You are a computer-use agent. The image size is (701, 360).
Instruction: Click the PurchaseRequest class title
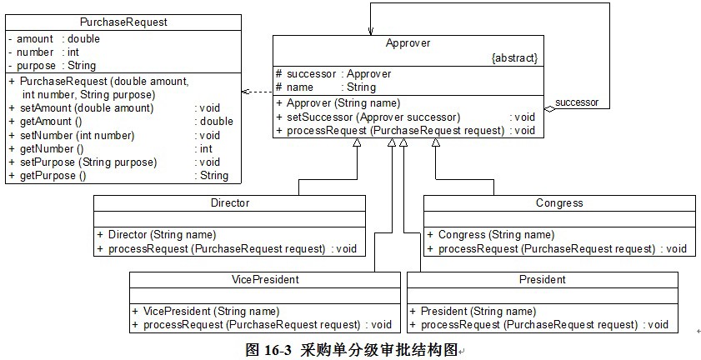click(123, 22)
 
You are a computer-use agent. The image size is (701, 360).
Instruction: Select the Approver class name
click(408, 42)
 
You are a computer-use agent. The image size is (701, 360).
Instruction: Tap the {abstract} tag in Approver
click(515, 58)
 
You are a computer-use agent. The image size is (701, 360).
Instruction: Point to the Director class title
click(229, 202)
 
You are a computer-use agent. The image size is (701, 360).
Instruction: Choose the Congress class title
click(558, 202)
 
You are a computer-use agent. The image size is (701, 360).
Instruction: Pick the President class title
click(542, 279)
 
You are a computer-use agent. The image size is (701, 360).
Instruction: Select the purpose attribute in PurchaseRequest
click(36, 65)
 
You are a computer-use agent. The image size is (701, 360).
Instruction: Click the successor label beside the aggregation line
click(577, 102)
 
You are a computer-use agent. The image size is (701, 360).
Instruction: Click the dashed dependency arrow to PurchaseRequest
click(256, 92)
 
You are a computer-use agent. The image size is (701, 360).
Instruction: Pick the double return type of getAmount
click(216, 122)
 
